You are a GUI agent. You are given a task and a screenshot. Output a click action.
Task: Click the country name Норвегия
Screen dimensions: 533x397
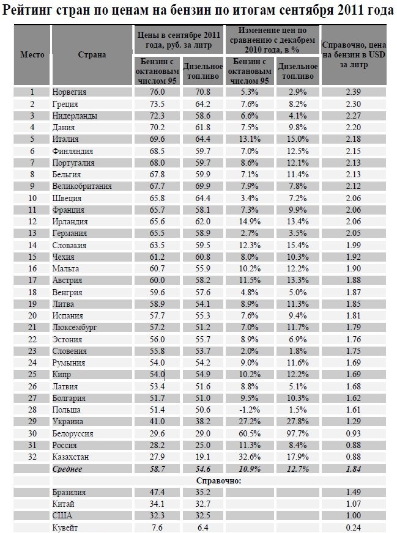[69, 92]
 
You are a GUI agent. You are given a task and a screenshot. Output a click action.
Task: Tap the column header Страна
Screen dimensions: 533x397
[92, 54]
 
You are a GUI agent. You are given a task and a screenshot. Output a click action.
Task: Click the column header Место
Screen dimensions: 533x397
[32, 54]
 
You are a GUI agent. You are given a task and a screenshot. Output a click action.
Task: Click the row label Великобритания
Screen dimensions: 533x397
[83, 186]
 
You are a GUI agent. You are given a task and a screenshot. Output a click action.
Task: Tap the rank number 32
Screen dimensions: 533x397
[32, 457]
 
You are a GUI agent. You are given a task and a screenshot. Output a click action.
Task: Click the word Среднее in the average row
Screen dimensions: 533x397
[68, 468]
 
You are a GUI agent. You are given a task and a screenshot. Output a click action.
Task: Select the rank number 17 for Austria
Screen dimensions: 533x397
[32, 280]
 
